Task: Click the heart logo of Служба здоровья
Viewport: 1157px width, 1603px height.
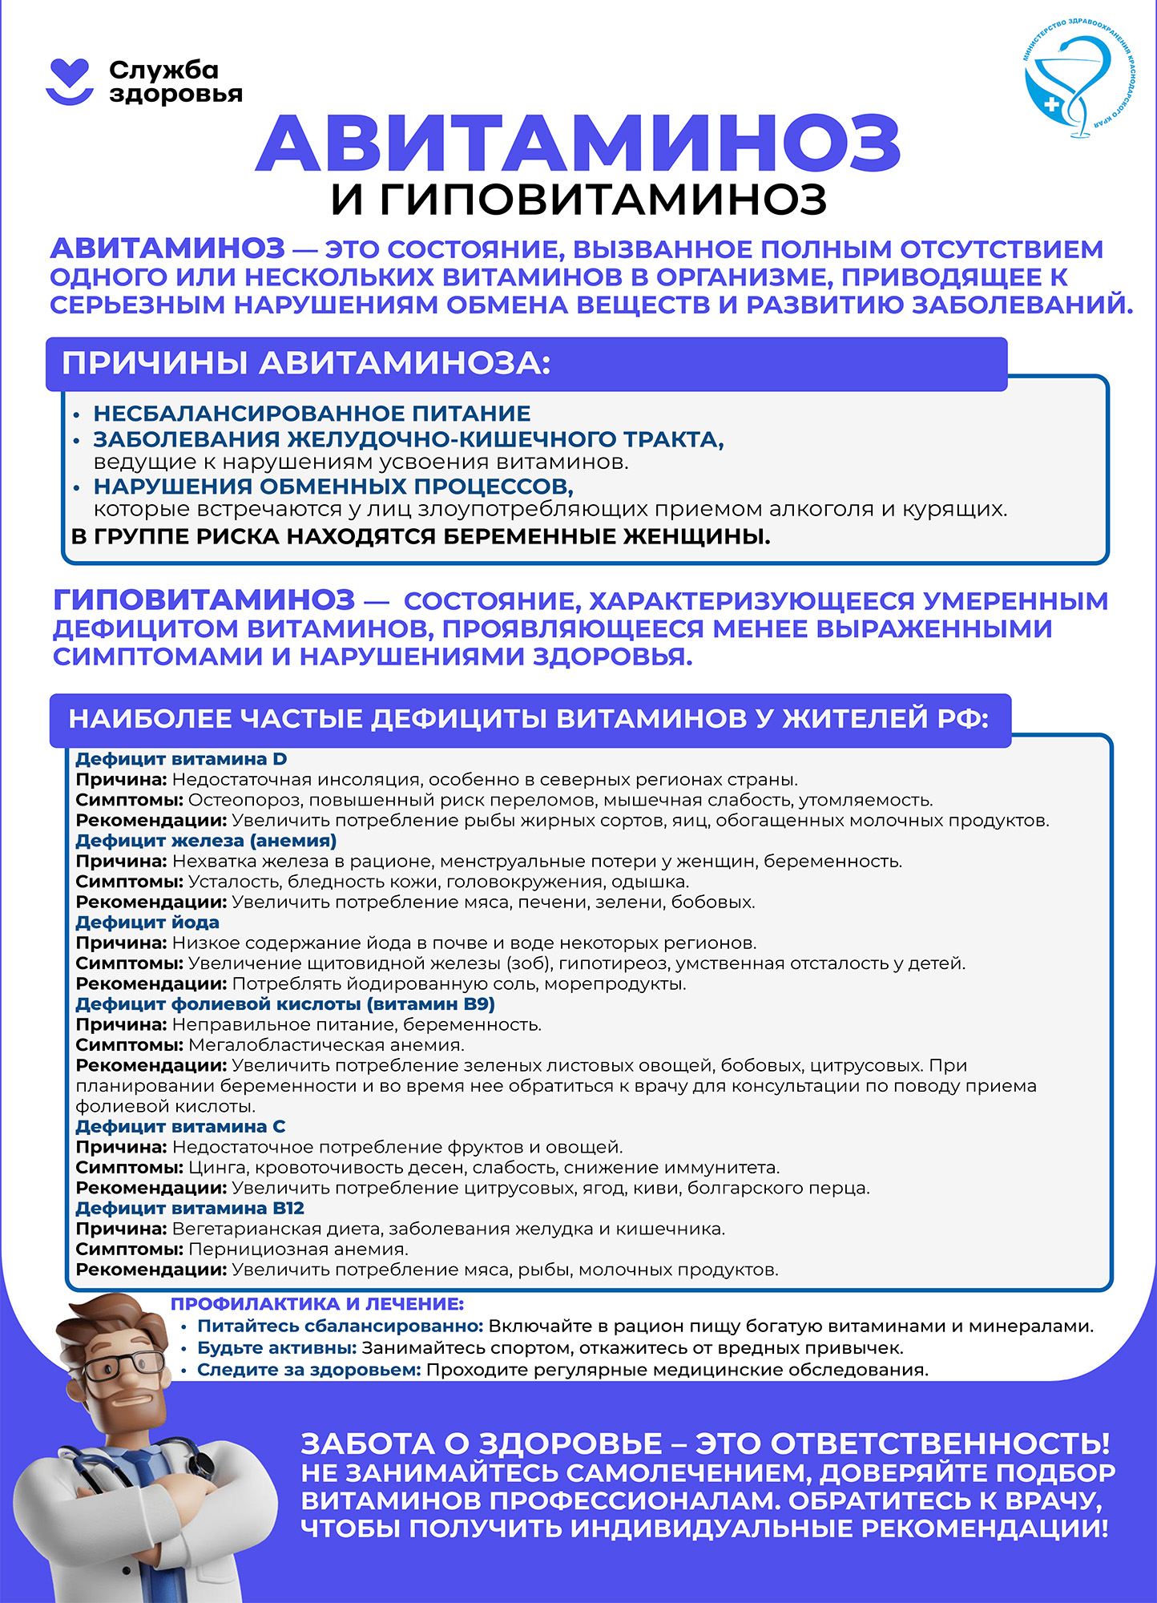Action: (70, 81)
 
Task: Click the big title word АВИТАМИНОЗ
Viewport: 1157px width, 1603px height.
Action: (578, 144)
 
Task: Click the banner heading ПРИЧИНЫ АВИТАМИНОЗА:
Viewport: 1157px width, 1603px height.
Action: (306, 364)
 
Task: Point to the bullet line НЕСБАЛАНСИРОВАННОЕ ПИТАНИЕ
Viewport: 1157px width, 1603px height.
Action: (312, 414)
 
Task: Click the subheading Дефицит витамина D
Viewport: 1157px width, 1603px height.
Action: (181, 758)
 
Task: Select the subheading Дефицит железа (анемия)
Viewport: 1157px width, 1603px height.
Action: (206, 841)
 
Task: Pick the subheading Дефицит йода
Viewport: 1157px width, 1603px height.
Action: (147, 923)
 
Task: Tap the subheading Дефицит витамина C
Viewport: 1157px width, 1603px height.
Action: (180, 1126)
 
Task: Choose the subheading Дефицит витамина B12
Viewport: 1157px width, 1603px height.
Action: (190, 1208)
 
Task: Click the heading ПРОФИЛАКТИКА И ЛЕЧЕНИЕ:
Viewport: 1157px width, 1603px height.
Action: (317, 1304)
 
